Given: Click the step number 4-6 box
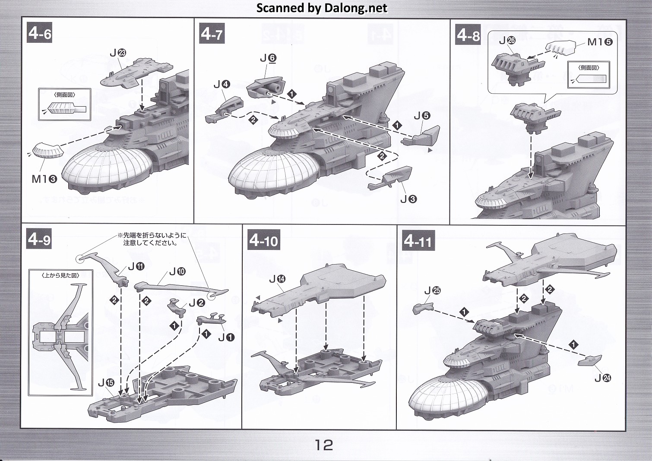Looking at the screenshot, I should (40, 33).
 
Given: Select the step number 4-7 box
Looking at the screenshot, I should (212, 33).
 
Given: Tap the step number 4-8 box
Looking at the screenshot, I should (468, 35).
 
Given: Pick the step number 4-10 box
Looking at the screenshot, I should (264, 240).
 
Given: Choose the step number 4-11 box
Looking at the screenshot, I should (418, 240).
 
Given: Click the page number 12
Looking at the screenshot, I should (324, 445).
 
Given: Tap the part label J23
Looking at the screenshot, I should (117, 53).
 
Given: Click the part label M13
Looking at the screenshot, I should (44, 179).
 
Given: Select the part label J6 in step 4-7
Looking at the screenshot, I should (268, 58).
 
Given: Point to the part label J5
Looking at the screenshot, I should (422, 115).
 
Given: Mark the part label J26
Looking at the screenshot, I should (507, 41).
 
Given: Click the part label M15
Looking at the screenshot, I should (600, 42).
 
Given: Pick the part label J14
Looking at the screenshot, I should (277, 279).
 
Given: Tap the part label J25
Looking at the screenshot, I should (432, 290).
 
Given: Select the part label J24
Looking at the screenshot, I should (603, 378).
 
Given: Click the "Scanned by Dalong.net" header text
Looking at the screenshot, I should (322, 8).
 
